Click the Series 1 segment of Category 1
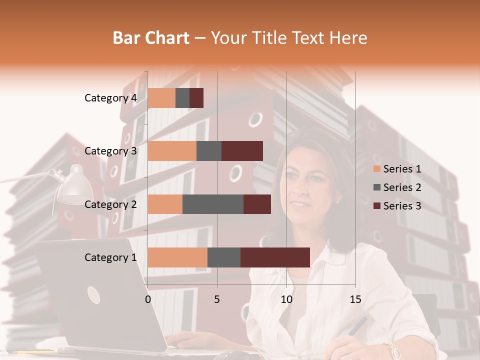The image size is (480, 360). click(177, 257)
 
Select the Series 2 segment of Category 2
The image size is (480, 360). click(213, 204)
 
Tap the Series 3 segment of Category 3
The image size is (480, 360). click(242, 151)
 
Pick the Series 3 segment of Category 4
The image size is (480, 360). click(196, 98)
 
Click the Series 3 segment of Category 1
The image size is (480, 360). click(275, 257)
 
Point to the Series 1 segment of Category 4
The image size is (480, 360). click(161, 98)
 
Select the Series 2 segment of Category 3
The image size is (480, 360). click(209, 151)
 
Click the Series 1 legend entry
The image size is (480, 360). click(397, 169)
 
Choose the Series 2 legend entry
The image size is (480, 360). click(397, 187)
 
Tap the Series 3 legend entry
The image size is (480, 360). click(397, 206)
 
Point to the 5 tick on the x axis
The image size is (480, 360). click(217, 299)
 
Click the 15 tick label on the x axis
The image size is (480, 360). click(355, 299)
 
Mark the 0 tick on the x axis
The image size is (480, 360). click(148, 299)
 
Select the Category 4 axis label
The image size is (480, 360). click(110, 98)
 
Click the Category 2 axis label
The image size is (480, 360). click(110, 204)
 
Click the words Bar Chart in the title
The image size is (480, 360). click(151, 37)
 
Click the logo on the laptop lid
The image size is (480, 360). click(93, 295)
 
